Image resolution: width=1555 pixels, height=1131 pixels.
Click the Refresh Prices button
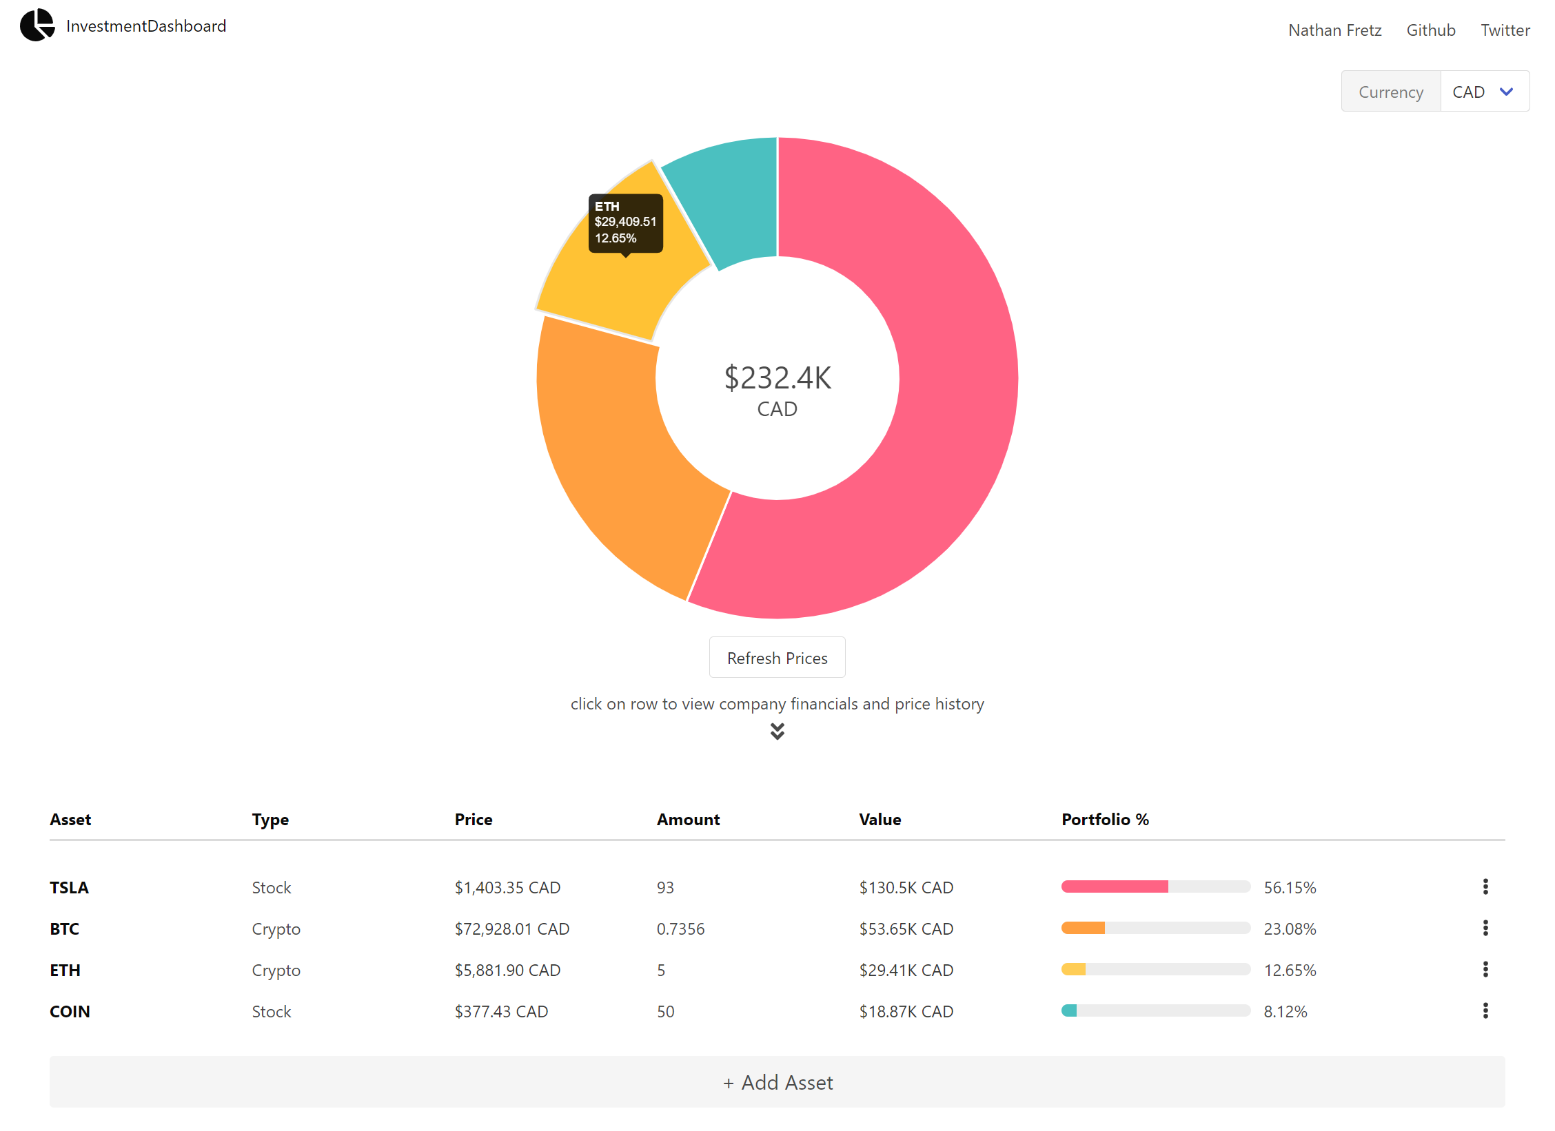(777, 658)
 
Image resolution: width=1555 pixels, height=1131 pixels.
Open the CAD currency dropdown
(1484, 92)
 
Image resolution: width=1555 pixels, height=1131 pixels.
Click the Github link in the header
(1430, 30)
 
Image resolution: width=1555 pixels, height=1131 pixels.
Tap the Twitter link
(1505, 30)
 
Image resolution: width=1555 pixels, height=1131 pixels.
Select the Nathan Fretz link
(1334, 30)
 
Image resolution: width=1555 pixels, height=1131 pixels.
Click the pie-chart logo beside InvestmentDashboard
(37, 25)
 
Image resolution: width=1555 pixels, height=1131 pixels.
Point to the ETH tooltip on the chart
(625, 222)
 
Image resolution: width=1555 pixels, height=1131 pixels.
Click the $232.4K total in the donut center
(777, 378)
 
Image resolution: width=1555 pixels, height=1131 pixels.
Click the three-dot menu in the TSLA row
(1485, 886)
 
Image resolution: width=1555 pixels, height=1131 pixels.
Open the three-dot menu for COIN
(1485, 1010)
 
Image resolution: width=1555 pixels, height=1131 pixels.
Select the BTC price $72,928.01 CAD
(511, 928)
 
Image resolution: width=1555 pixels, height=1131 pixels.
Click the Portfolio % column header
(1105, 819)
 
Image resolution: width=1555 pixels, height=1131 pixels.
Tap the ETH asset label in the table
(65, 970)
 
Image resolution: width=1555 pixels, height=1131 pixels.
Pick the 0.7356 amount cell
(680, 928)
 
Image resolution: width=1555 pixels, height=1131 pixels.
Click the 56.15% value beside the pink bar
(1290, 887)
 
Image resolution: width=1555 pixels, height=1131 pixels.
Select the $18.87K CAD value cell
(906, 1011)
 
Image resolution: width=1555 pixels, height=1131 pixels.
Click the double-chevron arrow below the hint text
(777, 731)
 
